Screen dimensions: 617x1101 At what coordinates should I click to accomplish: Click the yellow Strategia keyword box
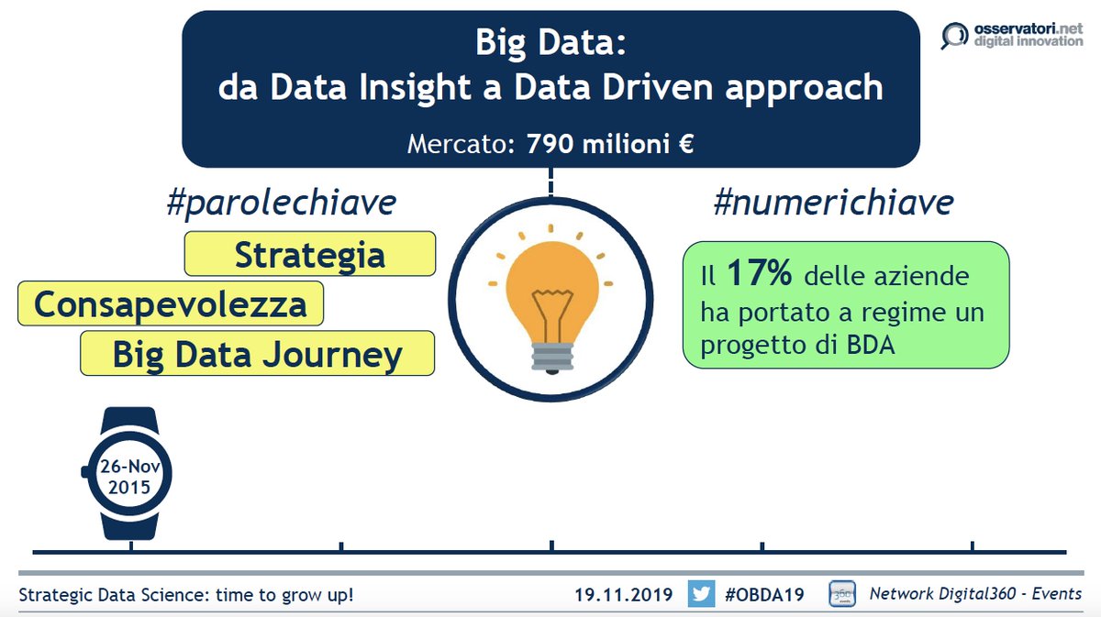pyautogui.click(x=309, y=254)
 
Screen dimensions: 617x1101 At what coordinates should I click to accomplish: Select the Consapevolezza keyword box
pyautogui.click(x=171, y=303)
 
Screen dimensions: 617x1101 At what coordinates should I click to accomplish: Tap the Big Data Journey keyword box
pyautogui.click(x=257, y=354)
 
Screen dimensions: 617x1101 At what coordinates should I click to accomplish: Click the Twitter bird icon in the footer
pyautogui.click(x=701, y=594)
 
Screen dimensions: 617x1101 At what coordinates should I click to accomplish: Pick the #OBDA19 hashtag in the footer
pyautogui.click(x=764, y=594)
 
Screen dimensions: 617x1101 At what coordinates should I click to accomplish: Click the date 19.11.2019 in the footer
pyautogui.click(x=618, y=594)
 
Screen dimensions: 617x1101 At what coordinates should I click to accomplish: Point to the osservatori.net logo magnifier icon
pyautogui.click(x=954, y=36)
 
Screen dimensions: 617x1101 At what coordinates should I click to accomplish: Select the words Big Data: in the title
pyautogui.click(x=550, y=43)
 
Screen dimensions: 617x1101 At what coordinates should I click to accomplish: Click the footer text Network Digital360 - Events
pyautogui.click(x=975, y=594)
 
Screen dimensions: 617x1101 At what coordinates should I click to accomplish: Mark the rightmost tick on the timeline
pyautogui.click(x=973, y=548)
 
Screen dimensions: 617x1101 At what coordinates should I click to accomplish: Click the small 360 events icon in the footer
pyautogui.click(x=842, y=593)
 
